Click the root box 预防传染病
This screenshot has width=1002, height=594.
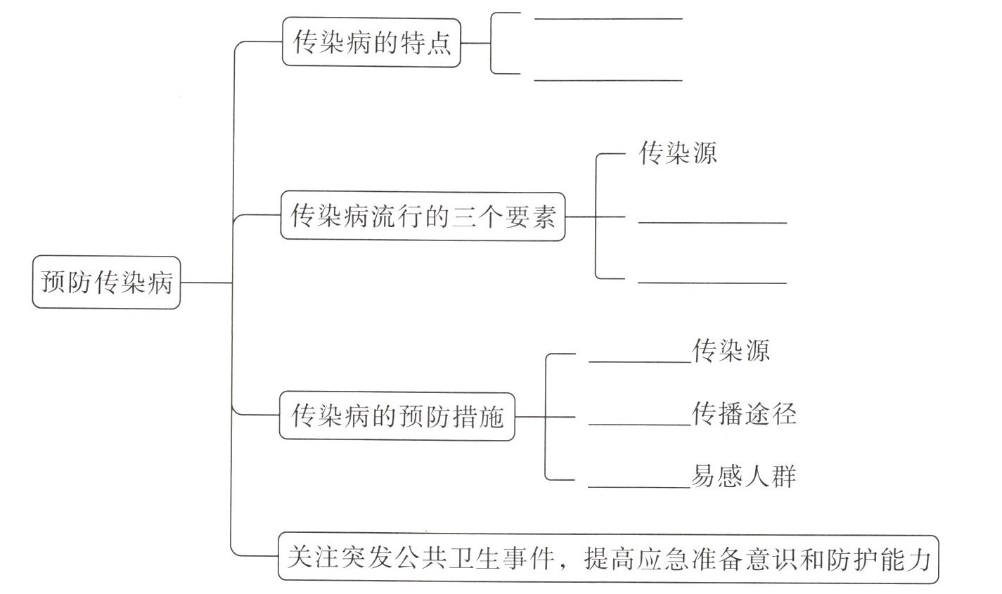pos(106,283)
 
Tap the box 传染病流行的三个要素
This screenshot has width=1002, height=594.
pos(423,217)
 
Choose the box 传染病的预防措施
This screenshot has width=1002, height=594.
pos(397,417)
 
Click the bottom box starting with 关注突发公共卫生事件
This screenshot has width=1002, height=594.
pos(608,559)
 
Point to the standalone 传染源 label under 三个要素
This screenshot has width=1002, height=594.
pos(678,153)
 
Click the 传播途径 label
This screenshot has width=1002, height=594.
pos(744,414)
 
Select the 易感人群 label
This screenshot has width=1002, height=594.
pos(744,477)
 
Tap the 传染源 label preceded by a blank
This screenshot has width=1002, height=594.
pos(731,350)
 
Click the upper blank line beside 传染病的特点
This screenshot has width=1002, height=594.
pos(608,18)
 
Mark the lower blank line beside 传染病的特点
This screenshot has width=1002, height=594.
pos(608,80)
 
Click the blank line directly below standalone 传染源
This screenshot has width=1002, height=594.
pos(712,222)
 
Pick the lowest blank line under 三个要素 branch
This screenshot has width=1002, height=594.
pos(712,283)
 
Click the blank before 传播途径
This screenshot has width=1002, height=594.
pos(638,424)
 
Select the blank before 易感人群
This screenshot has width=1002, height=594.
pos(638,486)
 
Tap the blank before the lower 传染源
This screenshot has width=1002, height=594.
pos(638,361)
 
